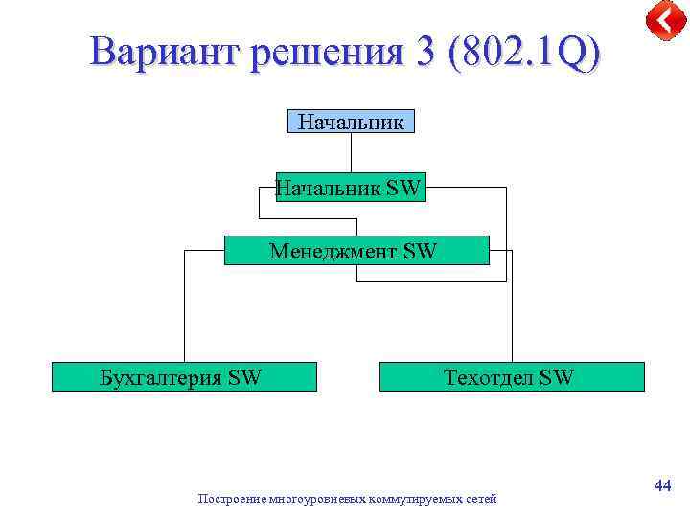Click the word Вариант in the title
pos(164,53)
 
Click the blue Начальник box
pos(351,122)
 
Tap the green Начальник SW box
pos(350,188)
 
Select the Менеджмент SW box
pos(356,251)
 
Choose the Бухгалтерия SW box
pos(183,377)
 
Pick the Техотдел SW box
pos(512,377)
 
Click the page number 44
pos(661,487)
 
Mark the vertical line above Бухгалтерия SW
pos(184,306)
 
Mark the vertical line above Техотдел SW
pos(513,306)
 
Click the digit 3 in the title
pos(423,54)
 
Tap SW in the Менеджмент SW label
pos(420,251)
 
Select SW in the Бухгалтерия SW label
pos(244,377)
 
